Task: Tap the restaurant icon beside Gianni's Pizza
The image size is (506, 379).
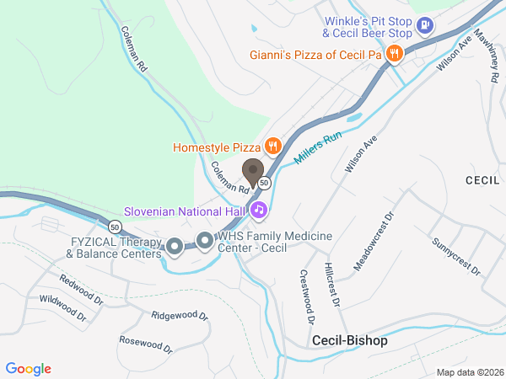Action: click(393, 55)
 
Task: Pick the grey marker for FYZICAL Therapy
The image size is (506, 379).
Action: click(175, 246)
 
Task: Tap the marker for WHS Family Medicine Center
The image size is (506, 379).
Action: click(205, 242)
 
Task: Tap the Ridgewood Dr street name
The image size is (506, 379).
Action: click(179, 316)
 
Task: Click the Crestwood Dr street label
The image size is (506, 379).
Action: click(306, 296)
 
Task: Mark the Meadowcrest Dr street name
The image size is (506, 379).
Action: click(374, 241)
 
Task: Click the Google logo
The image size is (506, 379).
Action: click(29, 369)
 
